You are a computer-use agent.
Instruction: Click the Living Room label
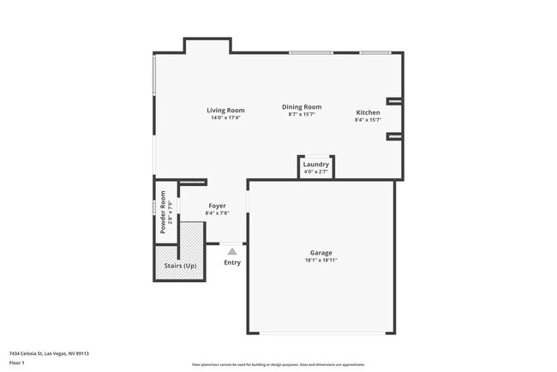(225, 111)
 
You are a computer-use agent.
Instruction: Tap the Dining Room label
(302, 107)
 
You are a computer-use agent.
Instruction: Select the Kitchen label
(368, 113)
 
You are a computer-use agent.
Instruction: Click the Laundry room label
(316, 164)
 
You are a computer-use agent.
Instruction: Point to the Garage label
(321, 253)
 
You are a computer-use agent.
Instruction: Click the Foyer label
(217, 206)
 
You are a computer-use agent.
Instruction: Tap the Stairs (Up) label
(180, 266)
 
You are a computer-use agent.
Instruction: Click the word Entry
(232, 262)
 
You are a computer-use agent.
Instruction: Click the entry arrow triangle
(232, 251)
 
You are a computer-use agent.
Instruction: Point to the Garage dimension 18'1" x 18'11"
(321, 261)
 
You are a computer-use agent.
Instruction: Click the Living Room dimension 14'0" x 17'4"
(225, 118)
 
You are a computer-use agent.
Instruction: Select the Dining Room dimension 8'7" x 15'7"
(302, 115)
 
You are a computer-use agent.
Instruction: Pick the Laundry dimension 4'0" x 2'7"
(316, 171)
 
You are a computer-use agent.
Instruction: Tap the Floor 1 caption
(18, 363)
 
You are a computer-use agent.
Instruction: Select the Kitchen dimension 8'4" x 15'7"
(368, 121)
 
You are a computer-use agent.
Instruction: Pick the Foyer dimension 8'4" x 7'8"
(217, 213)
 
